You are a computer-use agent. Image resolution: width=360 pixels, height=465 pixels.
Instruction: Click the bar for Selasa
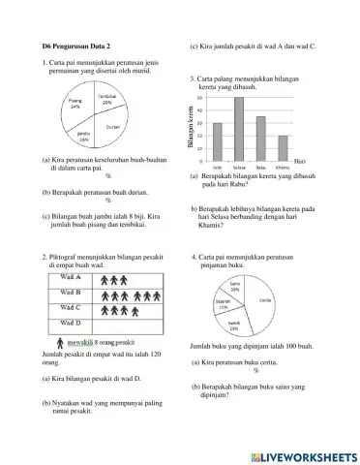(x=238, y=127)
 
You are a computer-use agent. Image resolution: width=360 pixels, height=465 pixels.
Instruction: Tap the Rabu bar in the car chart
(x=260, y=137)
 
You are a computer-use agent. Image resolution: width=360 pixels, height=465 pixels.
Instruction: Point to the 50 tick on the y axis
(x=199, y=98)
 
